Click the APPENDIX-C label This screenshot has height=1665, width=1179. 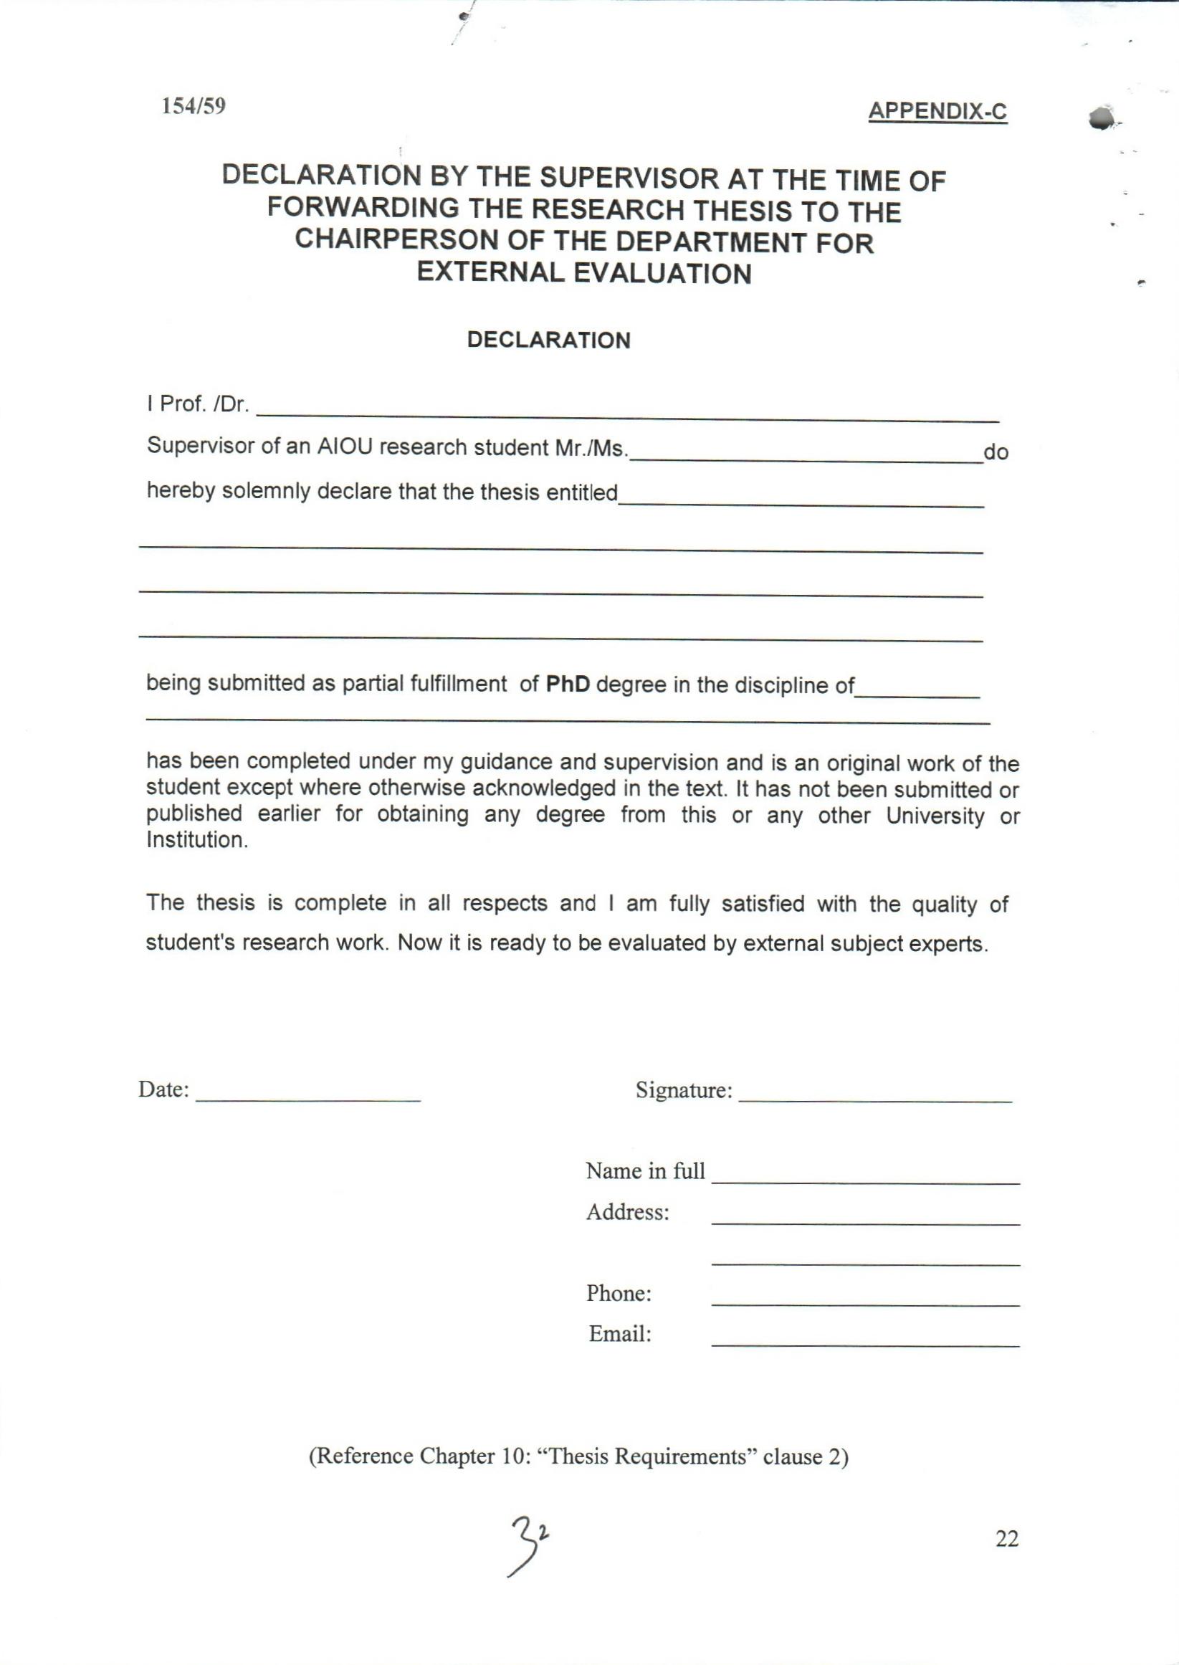937,111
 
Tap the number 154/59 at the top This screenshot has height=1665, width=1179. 193,106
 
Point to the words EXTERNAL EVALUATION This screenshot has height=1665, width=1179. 583,273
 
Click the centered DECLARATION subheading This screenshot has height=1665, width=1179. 549,340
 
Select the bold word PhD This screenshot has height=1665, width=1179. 568,684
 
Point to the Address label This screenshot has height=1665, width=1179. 627,1212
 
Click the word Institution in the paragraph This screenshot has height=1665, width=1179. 197,840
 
